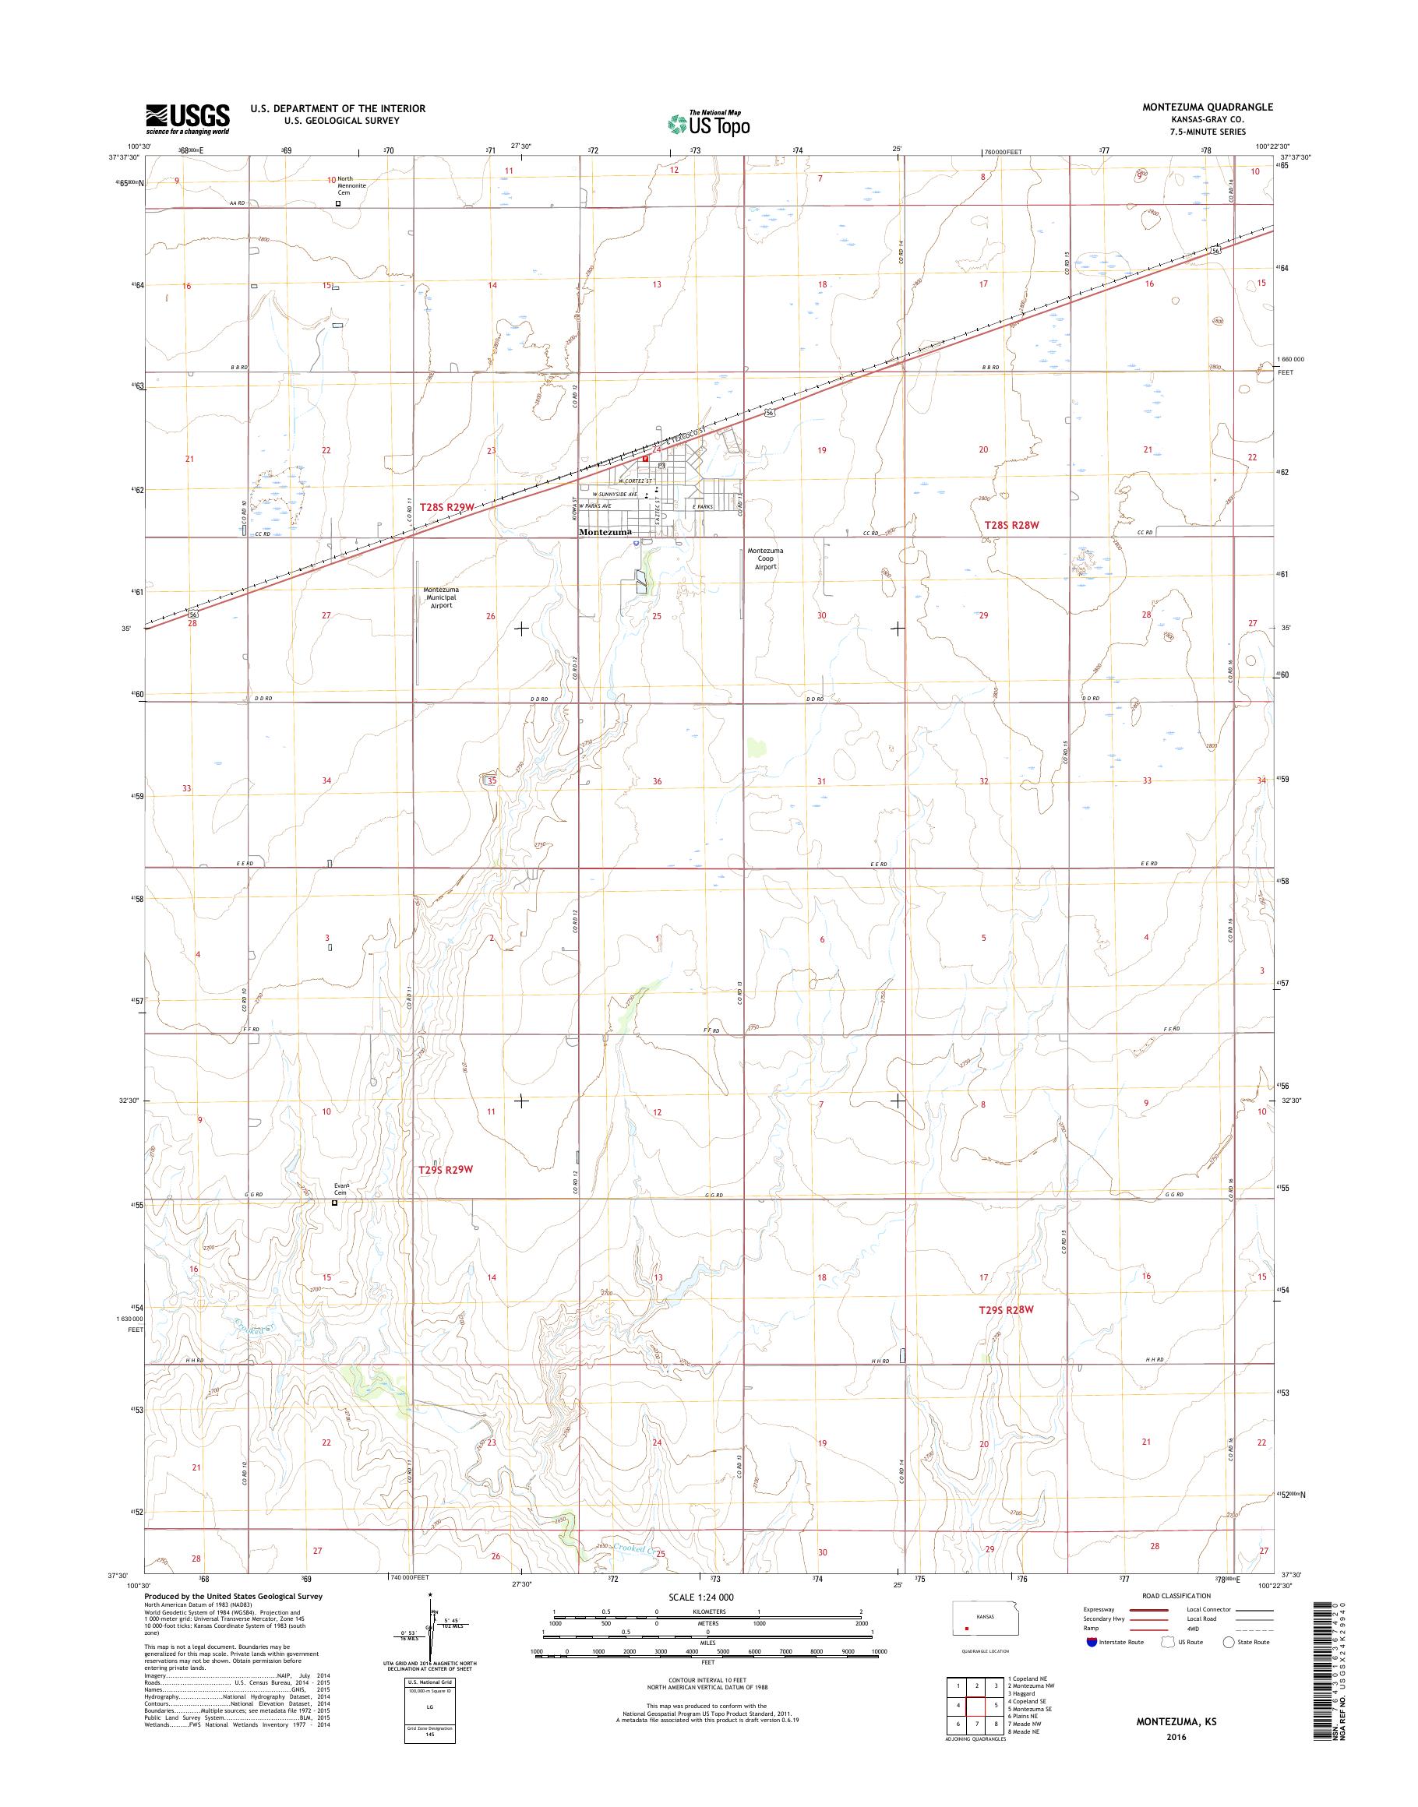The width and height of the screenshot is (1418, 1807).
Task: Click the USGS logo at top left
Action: (188, 118)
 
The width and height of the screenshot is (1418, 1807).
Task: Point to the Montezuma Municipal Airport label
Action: (441, 597)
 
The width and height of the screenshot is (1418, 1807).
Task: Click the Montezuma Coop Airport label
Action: (764, 558)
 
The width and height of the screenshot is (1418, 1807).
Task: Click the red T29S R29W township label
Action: (446, 1168)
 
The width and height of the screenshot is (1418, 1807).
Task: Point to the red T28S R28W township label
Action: (1011, 525)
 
